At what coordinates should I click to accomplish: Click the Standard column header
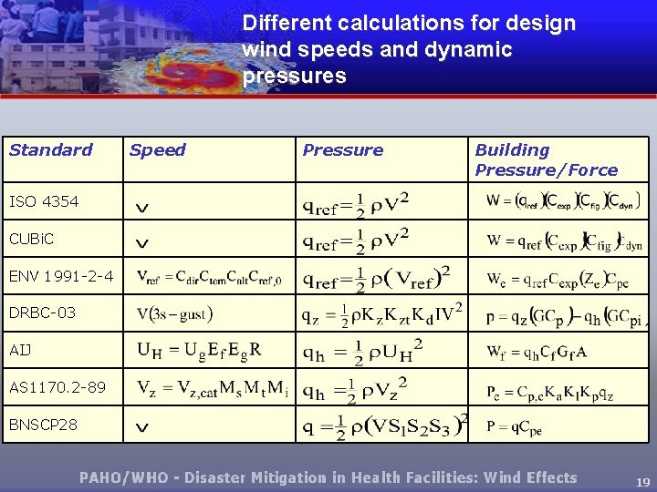(x=51, y=150)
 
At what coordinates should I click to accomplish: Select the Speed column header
(x=158, y=150)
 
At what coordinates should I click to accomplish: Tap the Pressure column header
(x=343, y=150)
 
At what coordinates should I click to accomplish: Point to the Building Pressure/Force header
(x=546, y=160)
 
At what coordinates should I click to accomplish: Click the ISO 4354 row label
(x=44, y=201)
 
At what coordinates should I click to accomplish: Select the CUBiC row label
(x=32, y=239)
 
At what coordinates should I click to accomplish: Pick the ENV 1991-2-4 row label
(x=61, y=275)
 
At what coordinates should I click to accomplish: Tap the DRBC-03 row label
(x=42, y=313)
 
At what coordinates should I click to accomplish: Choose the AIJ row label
(x=20, y=350)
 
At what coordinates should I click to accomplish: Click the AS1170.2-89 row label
(x=57, y=387)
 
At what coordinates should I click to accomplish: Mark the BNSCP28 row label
(x=44, y=425)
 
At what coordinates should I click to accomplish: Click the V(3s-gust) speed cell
(x=174, y=314)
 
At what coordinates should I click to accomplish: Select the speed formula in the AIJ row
(x=200, y=349)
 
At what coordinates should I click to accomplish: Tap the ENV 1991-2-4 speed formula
(x=209, y=277)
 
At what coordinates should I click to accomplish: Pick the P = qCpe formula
(x=515, y=425)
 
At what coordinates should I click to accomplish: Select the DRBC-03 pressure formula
(x=382, y=314)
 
